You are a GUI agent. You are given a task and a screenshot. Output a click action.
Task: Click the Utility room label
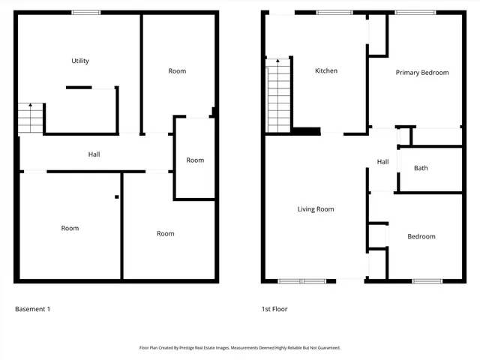point(80,61)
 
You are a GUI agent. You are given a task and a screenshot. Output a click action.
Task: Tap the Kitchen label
point(326,71)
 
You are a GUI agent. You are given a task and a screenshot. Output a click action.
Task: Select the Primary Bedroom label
point(422,73)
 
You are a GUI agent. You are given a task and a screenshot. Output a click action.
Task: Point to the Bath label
point(421,168)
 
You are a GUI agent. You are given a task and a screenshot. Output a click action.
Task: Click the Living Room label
point(316,209)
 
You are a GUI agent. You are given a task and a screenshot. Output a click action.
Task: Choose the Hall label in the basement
point(94,154)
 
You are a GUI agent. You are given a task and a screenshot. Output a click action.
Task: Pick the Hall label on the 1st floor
point(382,162)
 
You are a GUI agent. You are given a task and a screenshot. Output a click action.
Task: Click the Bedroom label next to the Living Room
point(421,237)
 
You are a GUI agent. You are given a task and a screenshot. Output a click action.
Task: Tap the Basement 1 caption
point(32,309)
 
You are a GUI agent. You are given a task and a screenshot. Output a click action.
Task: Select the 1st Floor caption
point(274,309)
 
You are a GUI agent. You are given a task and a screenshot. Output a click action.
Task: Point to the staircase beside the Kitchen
point(278,95)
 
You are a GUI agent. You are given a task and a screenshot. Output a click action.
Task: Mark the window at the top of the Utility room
point(86,12)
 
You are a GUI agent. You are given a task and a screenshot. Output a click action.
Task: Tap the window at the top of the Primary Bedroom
point(410,12)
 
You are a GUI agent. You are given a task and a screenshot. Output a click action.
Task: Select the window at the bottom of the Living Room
point(301,281)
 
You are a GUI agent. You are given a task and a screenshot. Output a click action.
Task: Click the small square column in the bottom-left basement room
point(116,197)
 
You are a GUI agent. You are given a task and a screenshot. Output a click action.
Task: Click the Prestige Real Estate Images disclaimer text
point(240,348)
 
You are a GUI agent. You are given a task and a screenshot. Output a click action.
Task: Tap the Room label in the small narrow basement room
point(195,160)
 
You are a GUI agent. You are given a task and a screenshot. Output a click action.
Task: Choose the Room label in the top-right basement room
point(177,71)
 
